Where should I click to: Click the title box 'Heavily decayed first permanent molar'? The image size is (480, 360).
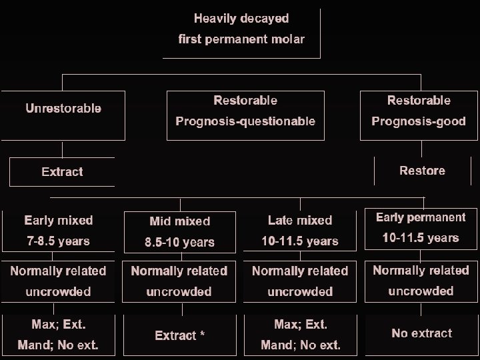click(241, 29)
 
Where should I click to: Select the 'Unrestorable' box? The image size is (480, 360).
click(63, 108)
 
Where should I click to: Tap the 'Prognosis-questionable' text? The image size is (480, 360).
click(245, 121)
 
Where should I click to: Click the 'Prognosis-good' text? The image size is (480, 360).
click(419, 121)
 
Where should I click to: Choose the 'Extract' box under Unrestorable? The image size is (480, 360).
click(62, 171)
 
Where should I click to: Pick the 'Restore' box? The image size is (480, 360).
click(422, 171)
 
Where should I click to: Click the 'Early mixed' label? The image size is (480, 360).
click(59, 220)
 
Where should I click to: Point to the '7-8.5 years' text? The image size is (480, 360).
click(59, 241)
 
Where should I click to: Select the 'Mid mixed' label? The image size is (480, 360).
click(179, 221)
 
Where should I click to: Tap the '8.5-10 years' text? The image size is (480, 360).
click(179, 242)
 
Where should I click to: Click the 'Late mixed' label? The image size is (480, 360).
click(300, 220)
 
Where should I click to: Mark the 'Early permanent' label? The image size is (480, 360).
click(421, 217)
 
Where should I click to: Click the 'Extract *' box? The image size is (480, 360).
click(179, 335)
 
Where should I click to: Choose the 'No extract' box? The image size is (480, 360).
click(422, 333)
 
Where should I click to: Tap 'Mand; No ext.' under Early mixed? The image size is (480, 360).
click(59, 345)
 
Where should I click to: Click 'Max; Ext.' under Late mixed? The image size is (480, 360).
click(301, 325)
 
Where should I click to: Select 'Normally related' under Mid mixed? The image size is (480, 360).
click(179, 271)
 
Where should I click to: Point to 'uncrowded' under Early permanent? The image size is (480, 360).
click(421, 291)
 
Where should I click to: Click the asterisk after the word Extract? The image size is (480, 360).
click(201, 334)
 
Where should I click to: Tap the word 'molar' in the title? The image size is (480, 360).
click(290, 39)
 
